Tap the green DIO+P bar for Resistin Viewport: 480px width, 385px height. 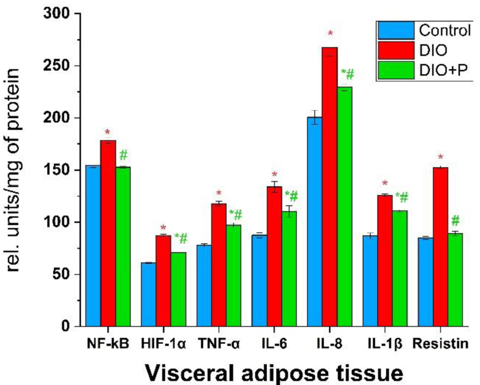[455, 280]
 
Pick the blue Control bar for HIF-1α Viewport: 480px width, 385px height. [148, 294]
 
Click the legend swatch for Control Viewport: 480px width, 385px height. [396, 31]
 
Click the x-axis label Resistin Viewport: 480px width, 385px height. [440, 344]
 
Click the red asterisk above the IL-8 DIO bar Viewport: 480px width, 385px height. [330, 34]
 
